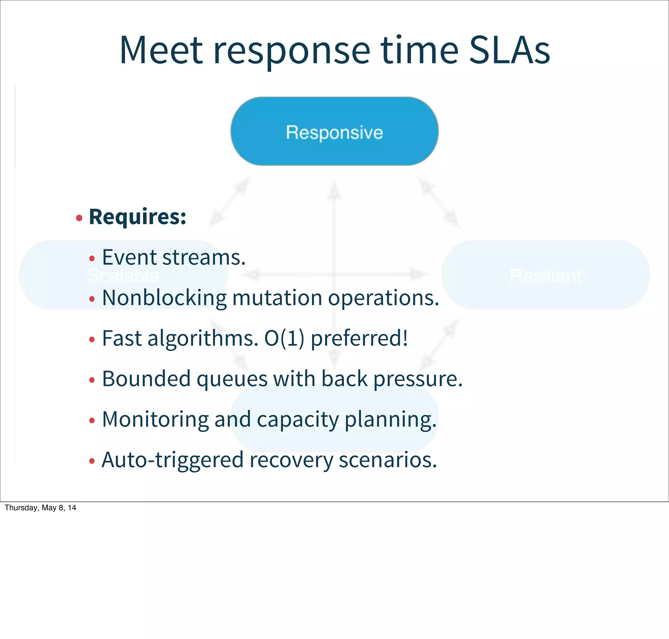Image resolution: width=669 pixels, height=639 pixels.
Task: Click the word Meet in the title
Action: (161, 50)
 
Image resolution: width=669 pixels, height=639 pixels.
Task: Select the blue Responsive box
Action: (334, 131)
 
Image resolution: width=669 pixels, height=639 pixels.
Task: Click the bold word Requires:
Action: (137, 217)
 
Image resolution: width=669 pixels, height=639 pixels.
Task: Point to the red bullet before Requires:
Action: (79, 218)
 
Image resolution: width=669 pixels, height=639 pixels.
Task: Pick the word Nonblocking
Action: (164, 298)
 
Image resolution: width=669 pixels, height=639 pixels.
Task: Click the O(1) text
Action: (284, 338)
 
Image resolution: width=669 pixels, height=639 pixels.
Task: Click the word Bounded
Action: (146, 379)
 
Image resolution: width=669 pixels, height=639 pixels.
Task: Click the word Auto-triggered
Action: (172, 460)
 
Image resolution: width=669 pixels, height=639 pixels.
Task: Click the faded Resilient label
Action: (546, 275)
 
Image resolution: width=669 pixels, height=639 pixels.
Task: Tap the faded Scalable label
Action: (123, 275)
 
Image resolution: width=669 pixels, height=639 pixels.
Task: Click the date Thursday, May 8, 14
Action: (40, 508)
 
